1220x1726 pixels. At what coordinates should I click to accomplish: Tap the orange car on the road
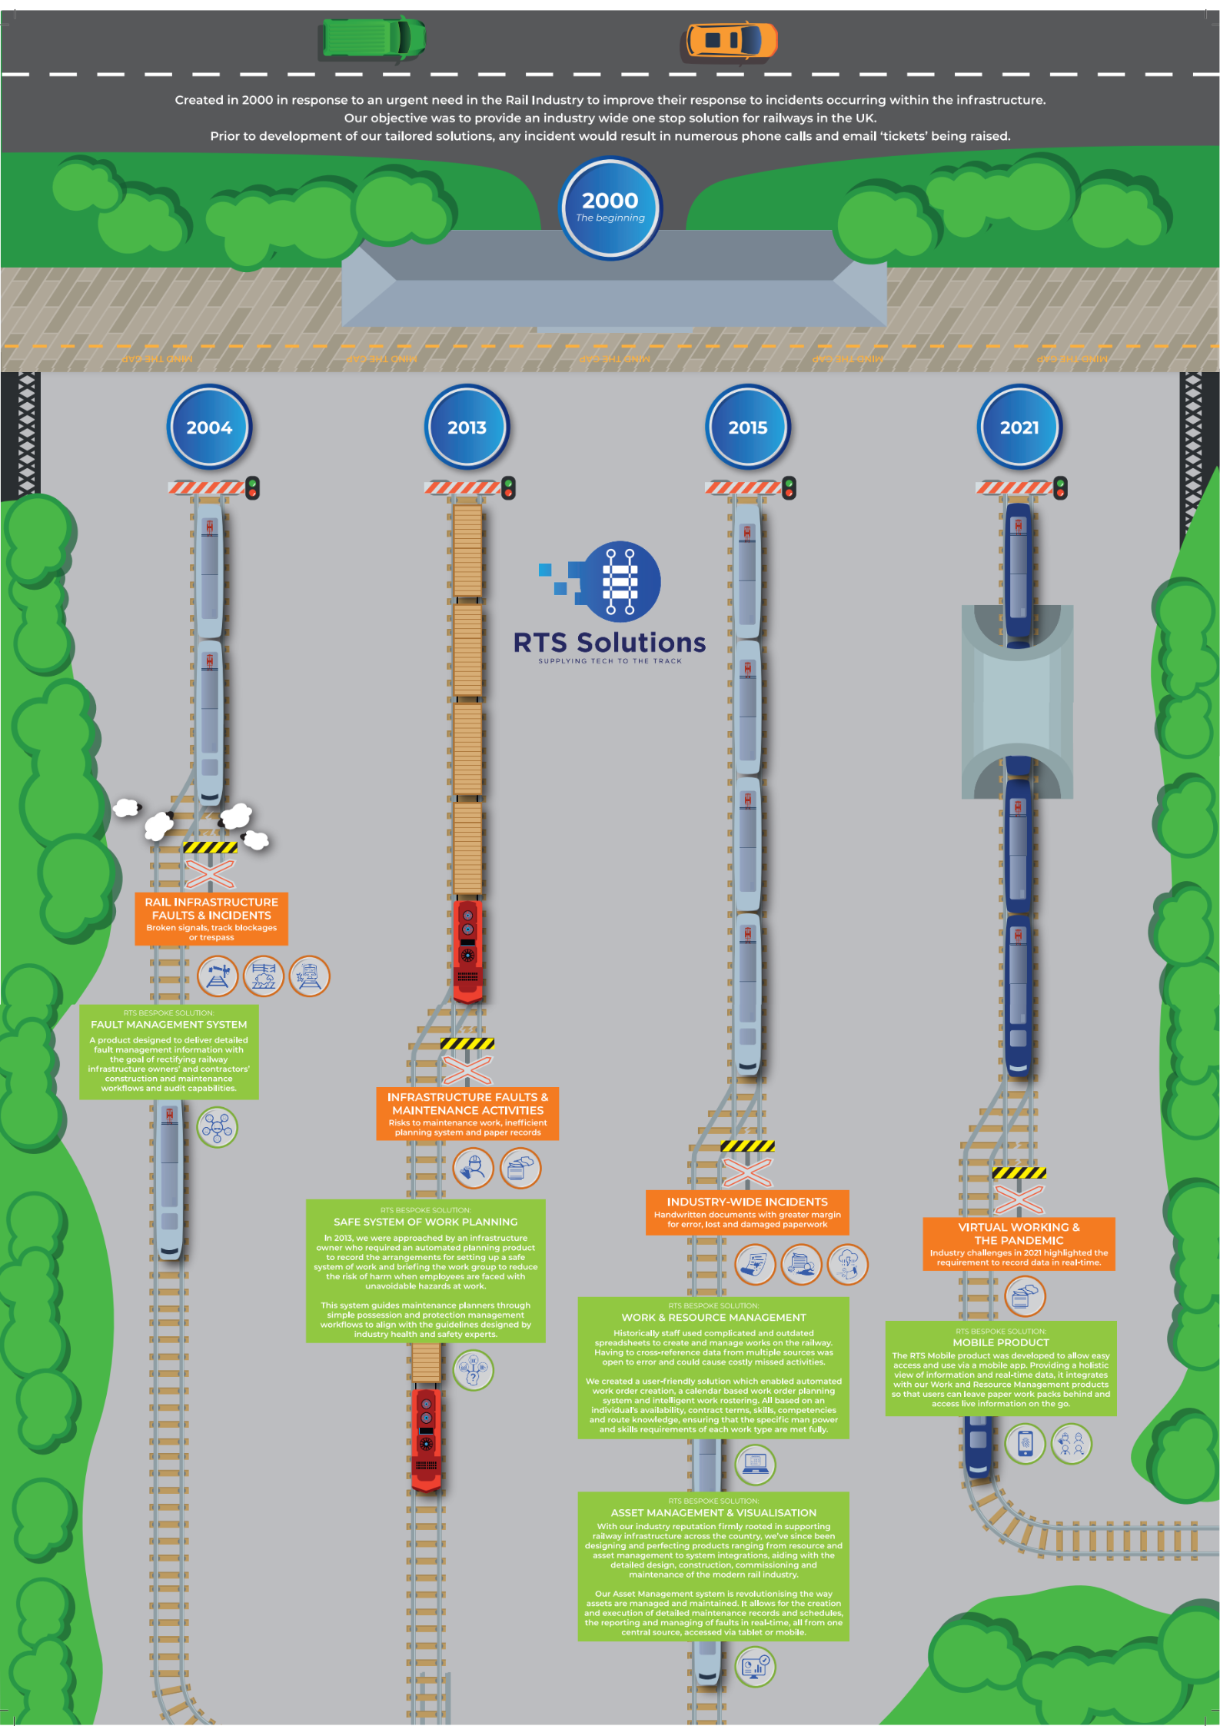coord(730,40)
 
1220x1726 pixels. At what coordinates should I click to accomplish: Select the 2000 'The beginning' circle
coord(610,208)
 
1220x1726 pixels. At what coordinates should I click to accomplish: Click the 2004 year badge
coord(209,427)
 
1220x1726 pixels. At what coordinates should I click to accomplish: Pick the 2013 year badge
coord(467,427)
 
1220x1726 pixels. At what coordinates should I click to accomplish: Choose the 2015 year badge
coord(747,427)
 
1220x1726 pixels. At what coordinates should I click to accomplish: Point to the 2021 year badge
coord(1019,427)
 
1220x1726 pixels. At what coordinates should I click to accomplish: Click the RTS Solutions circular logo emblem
coord(619,581)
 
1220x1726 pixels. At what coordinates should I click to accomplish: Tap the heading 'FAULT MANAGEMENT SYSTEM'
coord(169,1025)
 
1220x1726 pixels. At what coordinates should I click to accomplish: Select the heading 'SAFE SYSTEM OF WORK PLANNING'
coord(426,1222)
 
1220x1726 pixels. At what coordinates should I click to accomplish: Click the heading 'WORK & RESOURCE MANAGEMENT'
coord(713,1317)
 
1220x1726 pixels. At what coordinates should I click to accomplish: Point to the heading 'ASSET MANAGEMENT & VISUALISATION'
coord(713,1512)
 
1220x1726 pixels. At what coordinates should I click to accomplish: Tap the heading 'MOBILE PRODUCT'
coord(1001,1342)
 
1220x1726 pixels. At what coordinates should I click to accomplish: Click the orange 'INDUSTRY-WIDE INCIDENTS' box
coord(747,1212)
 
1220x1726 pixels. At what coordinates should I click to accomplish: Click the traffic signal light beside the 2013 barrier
coord(508,487)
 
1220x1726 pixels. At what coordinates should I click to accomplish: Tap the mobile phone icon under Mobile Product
coord(1025,1443)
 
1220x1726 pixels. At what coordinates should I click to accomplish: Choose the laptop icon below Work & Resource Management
coord(755,1465)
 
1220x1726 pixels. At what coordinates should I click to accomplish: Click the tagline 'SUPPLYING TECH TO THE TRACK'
coord(610,661)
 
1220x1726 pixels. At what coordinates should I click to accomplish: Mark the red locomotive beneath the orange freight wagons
coord(467,950)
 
